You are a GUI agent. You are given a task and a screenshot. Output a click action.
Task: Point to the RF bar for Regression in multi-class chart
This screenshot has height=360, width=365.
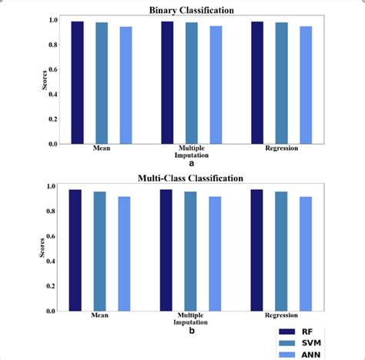[256, 250]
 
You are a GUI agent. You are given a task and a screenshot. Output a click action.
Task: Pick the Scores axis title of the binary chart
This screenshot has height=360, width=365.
[45, 81]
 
